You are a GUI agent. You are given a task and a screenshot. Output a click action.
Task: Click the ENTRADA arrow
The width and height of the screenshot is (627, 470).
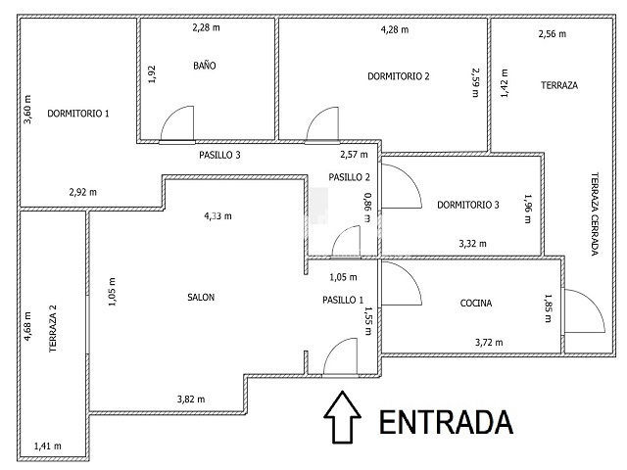coord(342,417)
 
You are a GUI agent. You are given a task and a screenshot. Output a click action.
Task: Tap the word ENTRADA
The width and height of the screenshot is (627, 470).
coord(446,422)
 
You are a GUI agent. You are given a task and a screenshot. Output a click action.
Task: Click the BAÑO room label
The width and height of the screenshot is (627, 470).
coord(205,66)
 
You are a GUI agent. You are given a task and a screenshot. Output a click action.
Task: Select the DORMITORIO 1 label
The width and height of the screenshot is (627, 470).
coord(78,114)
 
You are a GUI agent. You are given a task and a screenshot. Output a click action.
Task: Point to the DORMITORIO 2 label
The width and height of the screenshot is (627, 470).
coord(399,76)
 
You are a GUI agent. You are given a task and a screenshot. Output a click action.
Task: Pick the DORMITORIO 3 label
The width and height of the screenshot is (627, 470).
coord(468,205)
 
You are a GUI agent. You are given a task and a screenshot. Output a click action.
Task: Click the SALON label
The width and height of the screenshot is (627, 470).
coord(201,298)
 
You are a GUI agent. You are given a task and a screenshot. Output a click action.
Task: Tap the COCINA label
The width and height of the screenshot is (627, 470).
coord(476,303)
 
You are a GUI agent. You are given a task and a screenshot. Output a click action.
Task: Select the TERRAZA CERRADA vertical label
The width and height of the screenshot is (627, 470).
coord(595,213)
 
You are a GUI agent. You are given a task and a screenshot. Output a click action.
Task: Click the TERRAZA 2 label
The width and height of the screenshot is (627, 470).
coord(53,329)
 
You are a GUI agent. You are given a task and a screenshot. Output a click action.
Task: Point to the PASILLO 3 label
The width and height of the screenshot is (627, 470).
coord(219,155)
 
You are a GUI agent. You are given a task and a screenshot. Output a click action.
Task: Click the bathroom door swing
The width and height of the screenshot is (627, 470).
coord(177,123)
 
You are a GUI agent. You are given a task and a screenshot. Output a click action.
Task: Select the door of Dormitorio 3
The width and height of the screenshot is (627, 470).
coord(401,186)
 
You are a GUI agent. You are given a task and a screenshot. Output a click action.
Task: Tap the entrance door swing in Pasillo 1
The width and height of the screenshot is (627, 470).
coord(340,356)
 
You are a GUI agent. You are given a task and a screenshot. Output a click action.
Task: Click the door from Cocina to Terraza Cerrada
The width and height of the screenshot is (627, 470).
coord(584,310)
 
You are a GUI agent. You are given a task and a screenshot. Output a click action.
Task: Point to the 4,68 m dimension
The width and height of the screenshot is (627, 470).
coord(27,326)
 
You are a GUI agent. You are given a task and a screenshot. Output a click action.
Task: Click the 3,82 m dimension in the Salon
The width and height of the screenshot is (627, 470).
coord(191,399)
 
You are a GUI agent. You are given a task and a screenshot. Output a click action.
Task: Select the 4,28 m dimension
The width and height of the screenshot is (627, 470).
coord(395,29)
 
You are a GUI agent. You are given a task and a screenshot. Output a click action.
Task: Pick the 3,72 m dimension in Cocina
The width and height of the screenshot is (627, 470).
coord(489,343)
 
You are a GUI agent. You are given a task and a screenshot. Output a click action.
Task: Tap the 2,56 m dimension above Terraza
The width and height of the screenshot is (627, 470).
coord(553,34)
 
